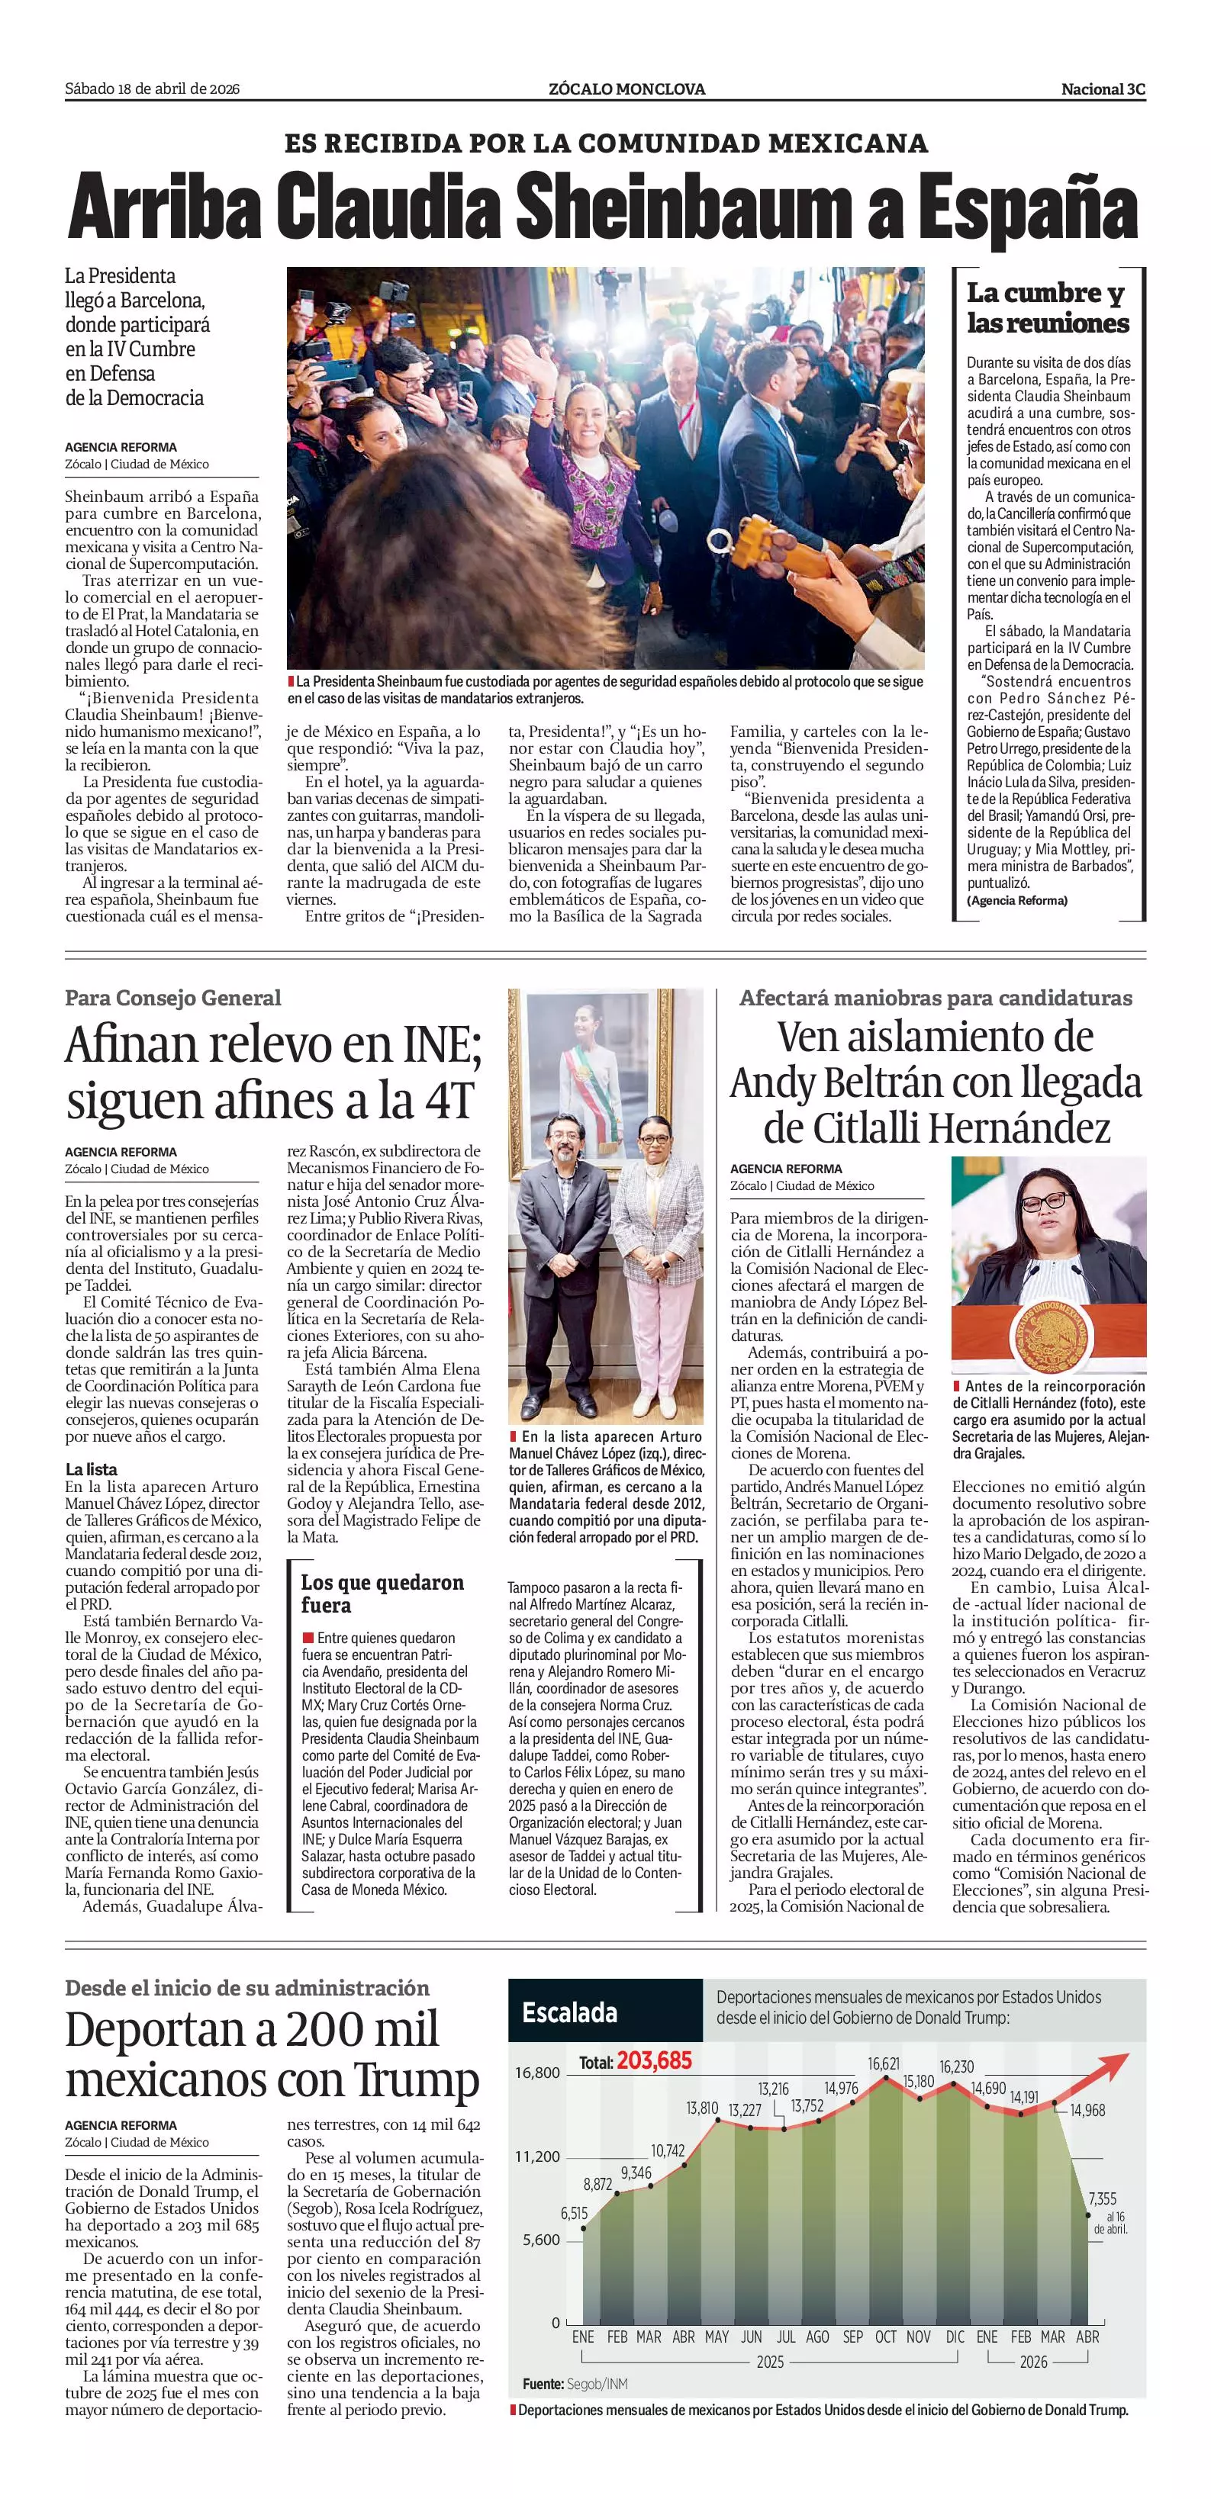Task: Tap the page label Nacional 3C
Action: click(x=1103, y=89)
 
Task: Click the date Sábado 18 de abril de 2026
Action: click(x=153, y=89)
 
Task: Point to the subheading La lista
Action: click(x=92, y=1468)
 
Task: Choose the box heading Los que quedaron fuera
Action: click(x=382, y=1593)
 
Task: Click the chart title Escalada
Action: click(x=569, y=2013)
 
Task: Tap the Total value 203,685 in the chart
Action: click(x=654, y=2060)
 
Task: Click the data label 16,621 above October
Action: click(x=883, y=2063)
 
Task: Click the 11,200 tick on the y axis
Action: click(x=537, y=2156)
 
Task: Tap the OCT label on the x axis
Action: click(x=885, y=2337)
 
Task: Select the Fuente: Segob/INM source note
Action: click(x=575, y=2384)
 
